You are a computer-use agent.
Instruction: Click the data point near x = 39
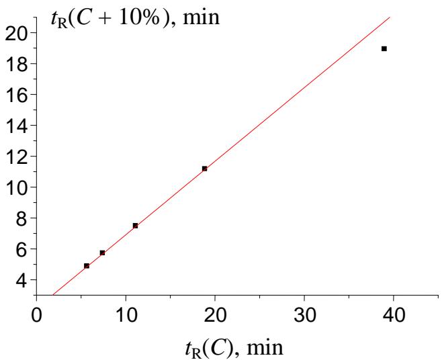pos(384,48)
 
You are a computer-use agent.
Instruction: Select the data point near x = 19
pos(204,169)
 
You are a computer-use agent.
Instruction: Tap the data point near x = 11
pos(135,226)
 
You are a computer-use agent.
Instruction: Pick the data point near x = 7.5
pos(102,253)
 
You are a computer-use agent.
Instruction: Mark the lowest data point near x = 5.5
pos(87,266)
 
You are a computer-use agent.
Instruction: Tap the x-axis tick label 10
pos(126,315)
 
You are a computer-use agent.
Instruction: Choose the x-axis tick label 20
pos(215,315)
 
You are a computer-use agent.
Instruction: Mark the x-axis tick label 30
pos(304,315)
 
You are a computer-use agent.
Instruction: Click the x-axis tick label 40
pos(394,315)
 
